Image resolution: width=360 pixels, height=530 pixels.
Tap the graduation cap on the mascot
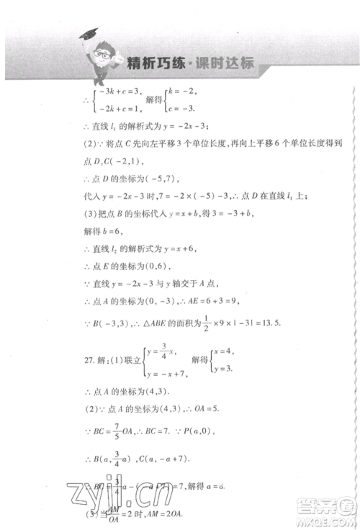coord(89,34)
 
